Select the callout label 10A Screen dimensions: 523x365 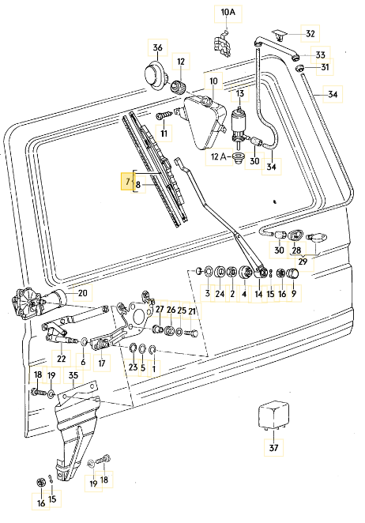click(x=228, y=13)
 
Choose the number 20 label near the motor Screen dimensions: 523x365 click(x=82, y=292)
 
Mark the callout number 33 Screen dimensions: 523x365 click(x=320, y=55)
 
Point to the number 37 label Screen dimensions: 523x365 click(x=273, y=450)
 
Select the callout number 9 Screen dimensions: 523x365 click(x=295, y=294)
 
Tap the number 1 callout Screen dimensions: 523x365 click(x=154, y=368)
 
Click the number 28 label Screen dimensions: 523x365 click(x=296, y=250)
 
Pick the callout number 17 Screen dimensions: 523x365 click(x=101, y=364)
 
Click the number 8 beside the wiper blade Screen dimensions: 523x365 click(x=138, y=186)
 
